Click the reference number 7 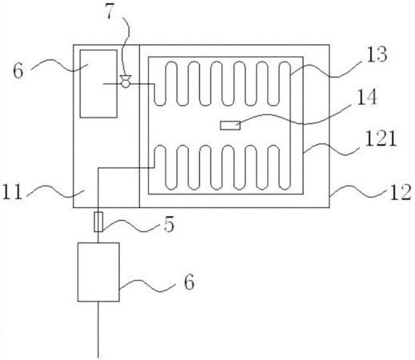[x=111, y=12]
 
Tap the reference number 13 [x=377, y=54]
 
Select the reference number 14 [x=367, y=97]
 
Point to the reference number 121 [x=381, y=138]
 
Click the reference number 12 [x=401, y=192]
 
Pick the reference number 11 [x=13, y=192]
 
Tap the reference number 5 [x=169, y=224]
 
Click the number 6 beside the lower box [x=189, y=282]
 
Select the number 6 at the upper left [x=18, y=71]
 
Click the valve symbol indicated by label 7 [x=126, y=82]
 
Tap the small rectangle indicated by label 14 [x=230, y=126]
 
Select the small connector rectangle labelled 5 [x=98, y=222]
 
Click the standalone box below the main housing [x=98, y=272]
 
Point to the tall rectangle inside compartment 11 [x=98, y=84]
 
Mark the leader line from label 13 [x=325, y=70]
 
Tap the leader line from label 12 [x=358, y=192]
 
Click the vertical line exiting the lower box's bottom [x=98, y=330]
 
